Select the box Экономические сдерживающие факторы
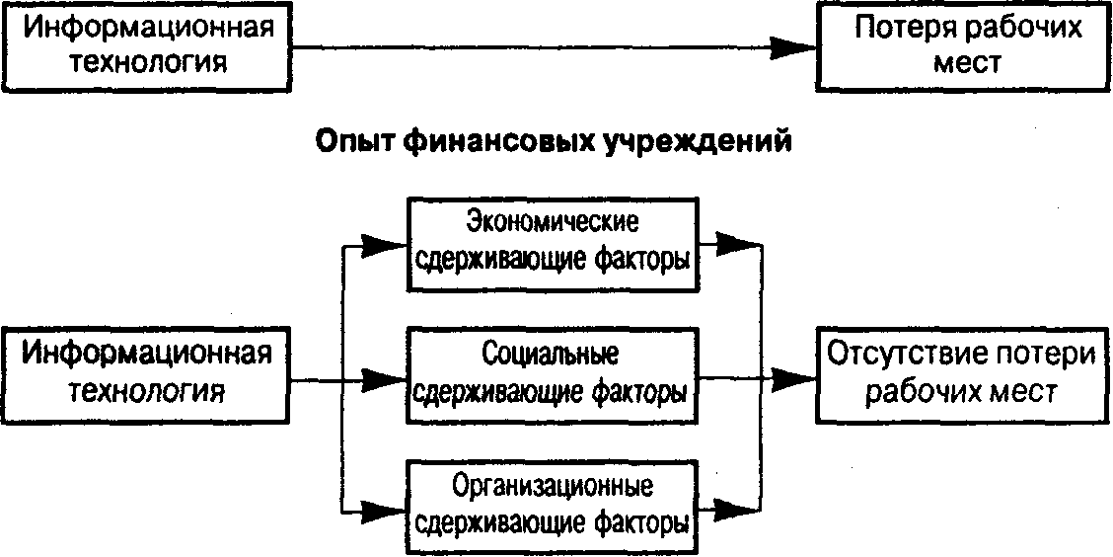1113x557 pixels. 551,243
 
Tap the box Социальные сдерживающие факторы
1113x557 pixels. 551,374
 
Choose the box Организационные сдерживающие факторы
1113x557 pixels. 551,505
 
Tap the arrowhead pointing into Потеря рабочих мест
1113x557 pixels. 792,45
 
